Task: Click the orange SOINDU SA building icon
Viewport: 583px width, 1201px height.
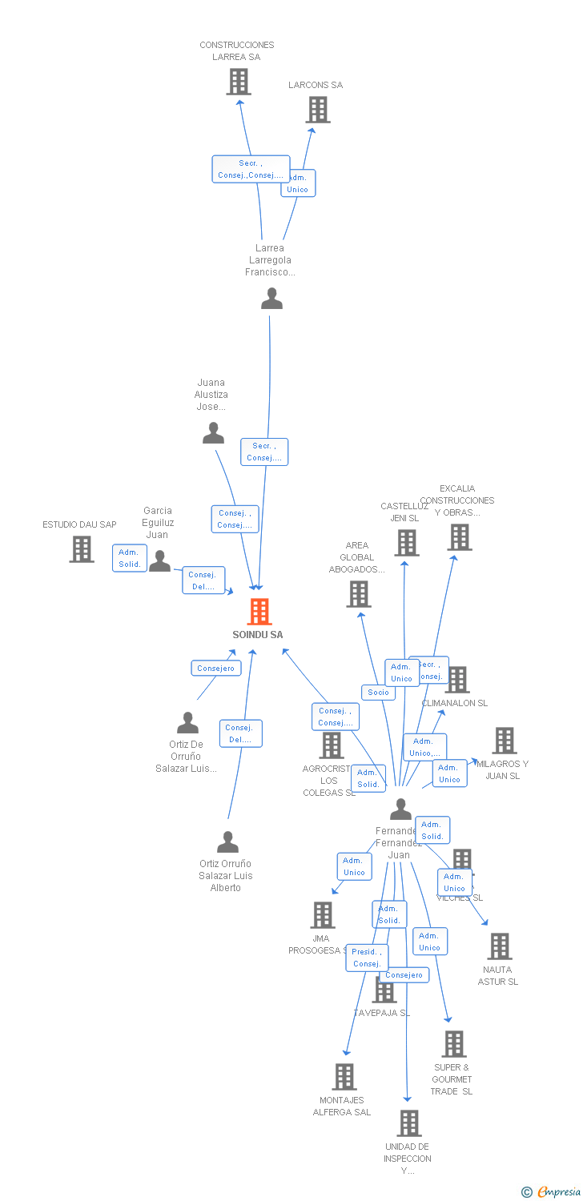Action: tap(259, 612)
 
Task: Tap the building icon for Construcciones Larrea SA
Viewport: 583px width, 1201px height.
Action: tap(238, 82)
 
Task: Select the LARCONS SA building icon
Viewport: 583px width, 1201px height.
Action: tap(318, 110)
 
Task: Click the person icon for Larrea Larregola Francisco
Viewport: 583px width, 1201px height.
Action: tap(271, 299)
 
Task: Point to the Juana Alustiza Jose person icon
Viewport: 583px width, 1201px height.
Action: tap(213, 433)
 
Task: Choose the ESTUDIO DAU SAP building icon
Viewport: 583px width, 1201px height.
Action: tap(81, 549)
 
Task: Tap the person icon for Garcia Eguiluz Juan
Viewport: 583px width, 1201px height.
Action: tap(159, 561)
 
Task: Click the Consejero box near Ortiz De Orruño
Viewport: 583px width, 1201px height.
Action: tap(216, 669)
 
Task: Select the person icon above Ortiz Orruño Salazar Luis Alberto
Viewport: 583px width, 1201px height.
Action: tap(227, 842)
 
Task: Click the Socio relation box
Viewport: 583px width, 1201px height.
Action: tap(378, 693)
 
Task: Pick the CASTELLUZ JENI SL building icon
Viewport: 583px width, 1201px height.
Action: tap(406, 543)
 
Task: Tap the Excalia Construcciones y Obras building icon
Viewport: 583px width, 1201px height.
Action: tap(459, 537)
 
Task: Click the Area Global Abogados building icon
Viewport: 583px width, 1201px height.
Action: tap(358, 594)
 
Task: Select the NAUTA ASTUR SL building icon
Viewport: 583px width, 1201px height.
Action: tap(499, 946)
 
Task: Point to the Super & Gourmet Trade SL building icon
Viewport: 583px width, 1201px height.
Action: tap(453, 1044)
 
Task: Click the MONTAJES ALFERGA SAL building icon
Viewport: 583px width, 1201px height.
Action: tap(344, 1077)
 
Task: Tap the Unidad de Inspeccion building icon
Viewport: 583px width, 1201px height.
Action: tap(408, 1123)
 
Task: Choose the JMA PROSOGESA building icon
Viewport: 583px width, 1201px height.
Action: tap(322, 915)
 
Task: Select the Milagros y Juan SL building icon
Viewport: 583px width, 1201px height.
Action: tap(504, 741)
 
